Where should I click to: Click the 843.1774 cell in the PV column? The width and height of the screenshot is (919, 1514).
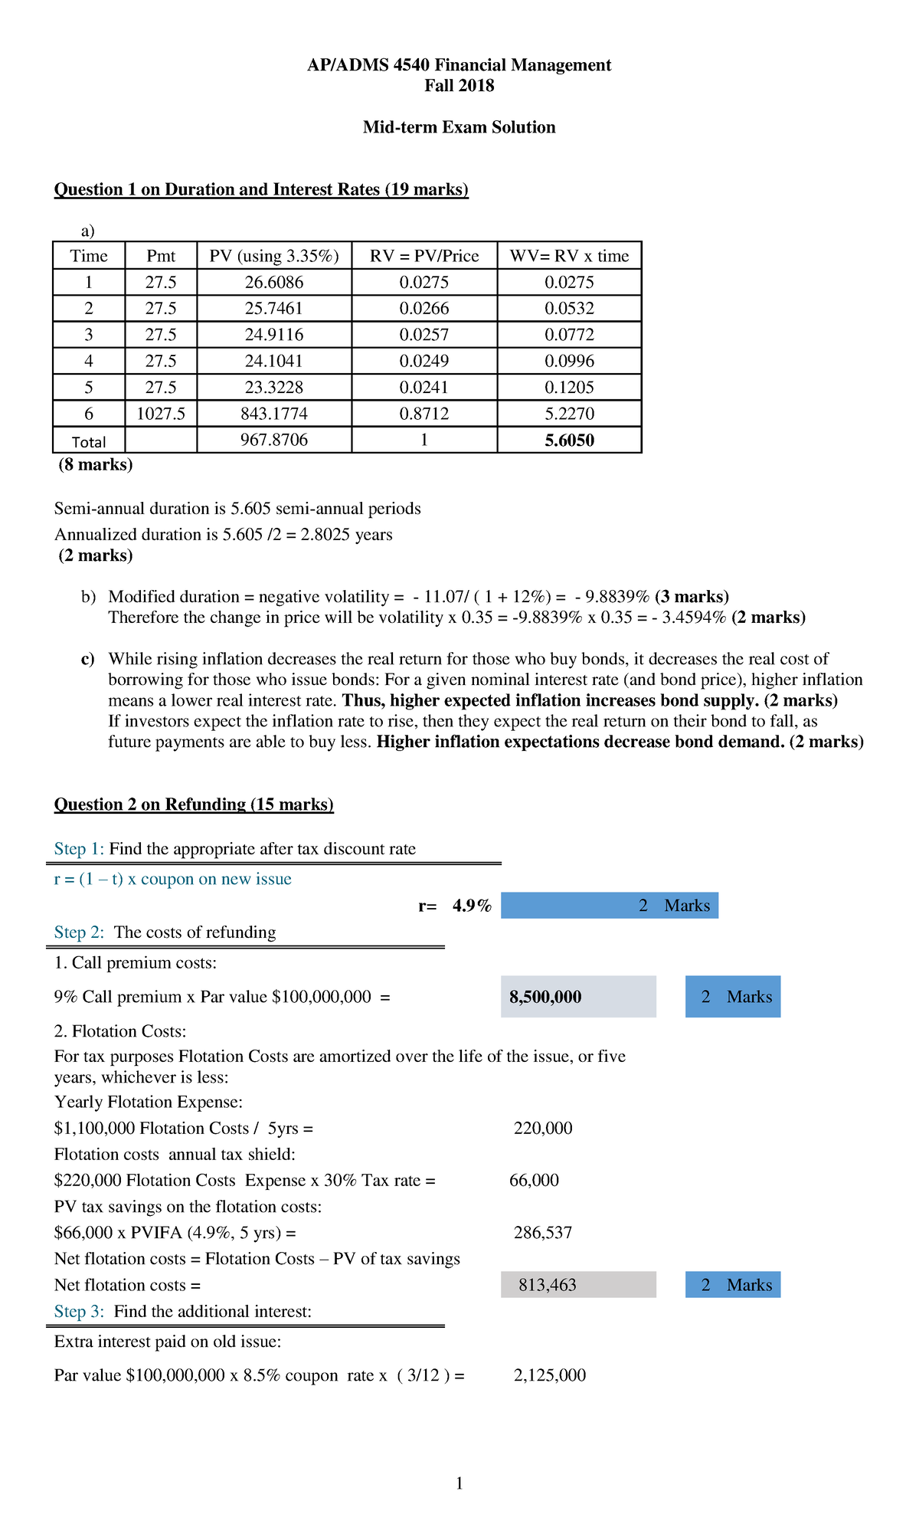[274, 414]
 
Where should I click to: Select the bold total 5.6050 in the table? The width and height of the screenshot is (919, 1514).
[569, 441]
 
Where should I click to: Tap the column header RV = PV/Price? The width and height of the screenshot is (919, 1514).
[424, 256]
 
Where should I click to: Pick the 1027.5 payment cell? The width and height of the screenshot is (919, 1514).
[161, 414]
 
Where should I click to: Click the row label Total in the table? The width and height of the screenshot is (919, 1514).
[89, 442]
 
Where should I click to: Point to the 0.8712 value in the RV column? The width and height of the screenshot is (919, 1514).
[424, 414]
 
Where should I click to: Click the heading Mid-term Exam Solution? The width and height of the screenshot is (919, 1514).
[459, 127]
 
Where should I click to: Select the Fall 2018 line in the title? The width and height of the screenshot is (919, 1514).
[459, 86]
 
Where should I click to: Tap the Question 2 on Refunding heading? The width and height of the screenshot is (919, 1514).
[194, 805]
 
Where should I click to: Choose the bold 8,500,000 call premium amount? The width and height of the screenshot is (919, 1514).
[545, 997]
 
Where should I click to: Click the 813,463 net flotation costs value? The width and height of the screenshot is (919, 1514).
[548, 1285]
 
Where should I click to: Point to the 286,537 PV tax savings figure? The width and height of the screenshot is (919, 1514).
[543, 1233]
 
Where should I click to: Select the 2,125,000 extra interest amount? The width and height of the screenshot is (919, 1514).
[550, 1375]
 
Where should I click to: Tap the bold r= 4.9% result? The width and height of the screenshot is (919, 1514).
[456, 906]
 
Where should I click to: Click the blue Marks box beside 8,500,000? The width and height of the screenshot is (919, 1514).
[733, 997]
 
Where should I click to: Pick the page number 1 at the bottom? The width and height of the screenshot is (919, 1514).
[459, 1484]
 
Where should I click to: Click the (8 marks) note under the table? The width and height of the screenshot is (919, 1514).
[96, 465]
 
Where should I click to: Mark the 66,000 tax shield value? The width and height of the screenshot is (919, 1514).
[535, 1181]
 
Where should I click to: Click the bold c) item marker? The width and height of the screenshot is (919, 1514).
[87, 659]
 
